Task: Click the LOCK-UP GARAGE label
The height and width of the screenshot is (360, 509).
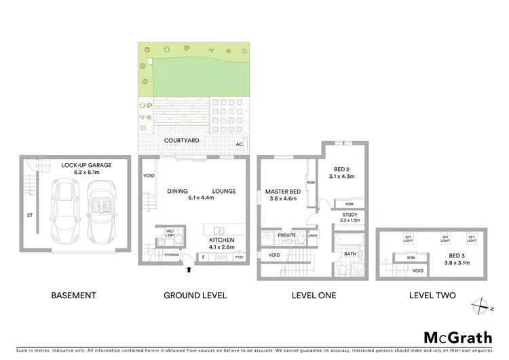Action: (86, 165)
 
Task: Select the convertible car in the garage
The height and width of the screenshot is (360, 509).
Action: (100, 211)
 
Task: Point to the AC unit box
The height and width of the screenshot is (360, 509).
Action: (239, 145)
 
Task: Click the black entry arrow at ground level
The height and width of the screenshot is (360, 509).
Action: (189, 270)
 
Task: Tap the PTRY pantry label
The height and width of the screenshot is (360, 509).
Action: (238, 258)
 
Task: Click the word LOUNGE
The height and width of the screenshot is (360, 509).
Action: (223, 192)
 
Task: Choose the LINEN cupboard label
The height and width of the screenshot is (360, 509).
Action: (312, 236)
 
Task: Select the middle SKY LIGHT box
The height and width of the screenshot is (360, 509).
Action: (445, 240)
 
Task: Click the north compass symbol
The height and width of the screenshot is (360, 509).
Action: (481, 306)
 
